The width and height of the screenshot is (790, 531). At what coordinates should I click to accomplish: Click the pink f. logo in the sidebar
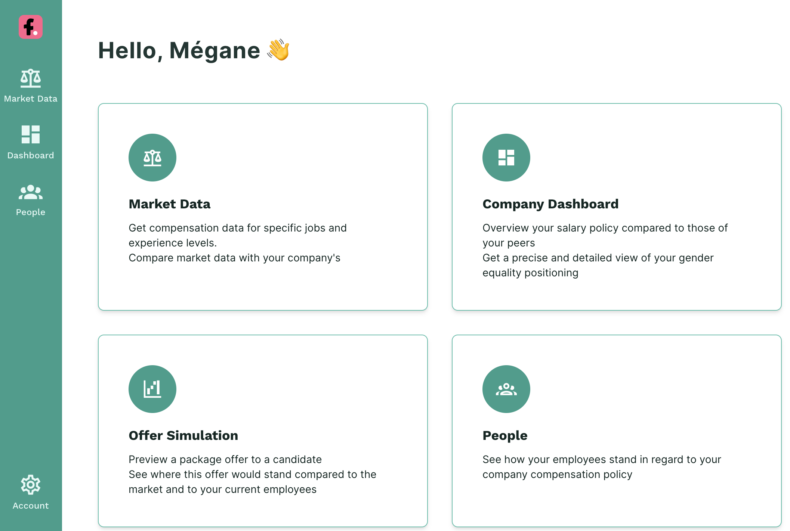(x=31, y=27)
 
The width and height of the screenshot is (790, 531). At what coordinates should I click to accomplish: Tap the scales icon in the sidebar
(x=31, y=78)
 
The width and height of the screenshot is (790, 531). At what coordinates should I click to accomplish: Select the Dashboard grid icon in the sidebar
(x=31, y=134)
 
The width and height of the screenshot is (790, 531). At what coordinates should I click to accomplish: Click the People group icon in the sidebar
(x=31, y=192)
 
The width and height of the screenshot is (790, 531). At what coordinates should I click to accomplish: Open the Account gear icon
(x=31, y=485)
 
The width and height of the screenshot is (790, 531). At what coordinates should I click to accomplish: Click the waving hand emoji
(x=278, y=50)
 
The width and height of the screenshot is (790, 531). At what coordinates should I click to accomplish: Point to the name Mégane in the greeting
(x=215, y=50)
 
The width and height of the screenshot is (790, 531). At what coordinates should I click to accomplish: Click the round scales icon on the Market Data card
(x=152, y=158)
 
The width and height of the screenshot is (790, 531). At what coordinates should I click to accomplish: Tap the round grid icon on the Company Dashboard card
(x=506, y=158)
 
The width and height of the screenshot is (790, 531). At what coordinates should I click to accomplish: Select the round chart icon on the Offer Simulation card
(x=152, y=389)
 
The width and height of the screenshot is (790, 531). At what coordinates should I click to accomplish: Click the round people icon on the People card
(x=506, y=389)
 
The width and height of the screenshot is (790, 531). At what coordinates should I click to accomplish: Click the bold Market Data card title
(x=170, y=204)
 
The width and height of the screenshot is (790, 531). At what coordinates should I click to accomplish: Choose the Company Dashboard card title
(x=550, y=204)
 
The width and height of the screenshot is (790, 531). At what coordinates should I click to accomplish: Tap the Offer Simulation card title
(x=183, y=435)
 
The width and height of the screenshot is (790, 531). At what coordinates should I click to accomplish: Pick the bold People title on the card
(x=505, y=436)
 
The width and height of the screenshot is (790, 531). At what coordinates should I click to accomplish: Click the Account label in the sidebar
(x=31, y=506)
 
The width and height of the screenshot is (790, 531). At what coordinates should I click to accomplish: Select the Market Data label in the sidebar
(x=31, y=99)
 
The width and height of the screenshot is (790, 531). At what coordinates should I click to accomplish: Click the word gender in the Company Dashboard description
(x=696, y=258)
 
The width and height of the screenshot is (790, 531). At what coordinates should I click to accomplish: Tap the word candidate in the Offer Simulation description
(x=297, y=459)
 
